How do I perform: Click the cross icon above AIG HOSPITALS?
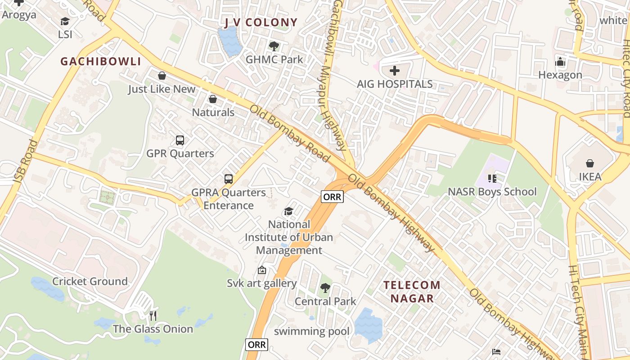click(395, 71)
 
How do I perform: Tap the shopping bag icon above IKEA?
click(589, 163)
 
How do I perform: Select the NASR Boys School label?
click(492, 192)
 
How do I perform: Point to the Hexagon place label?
click(560, 75)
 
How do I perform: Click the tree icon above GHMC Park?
click(274, 46)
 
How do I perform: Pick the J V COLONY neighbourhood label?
click(261, 22)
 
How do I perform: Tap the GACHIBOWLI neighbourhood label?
click(101, 62)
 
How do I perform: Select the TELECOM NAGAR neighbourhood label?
click(412, 291)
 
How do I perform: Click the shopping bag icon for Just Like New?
click(162, 76)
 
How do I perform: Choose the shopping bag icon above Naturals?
click(213, 99)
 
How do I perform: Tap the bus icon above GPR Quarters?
click(180, 140)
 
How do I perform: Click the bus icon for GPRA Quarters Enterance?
click(229, 179)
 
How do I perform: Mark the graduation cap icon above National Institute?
click(289, 211)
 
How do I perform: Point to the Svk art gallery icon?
click(261, 270)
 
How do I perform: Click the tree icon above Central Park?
click(325, 288)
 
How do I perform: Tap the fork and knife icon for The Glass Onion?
click(153, 315)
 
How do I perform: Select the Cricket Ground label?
click(90, 281)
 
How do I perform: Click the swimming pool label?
click(311, 332)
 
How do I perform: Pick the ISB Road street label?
click(26, 161)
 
